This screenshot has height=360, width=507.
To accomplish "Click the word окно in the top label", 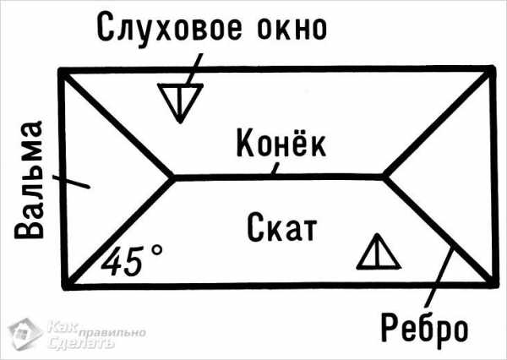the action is (292, 28).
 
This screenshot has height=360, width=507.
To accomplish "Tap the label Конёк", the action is (281, 143).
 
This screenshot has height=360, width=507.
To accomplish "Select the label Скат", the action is (282, 226).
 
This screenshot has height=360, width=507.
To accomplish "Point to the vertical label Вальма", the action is (29, 180).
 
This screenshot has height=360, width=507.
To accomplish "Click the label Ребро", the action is (424, 327).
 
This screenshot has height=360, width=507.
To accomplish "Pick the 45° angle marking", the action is (132, 260).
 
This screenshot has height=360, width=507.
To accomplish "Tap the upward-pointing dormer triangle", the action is (379, 252).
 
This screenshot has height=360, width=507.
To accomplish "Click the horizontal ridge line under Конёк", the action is (279, 177).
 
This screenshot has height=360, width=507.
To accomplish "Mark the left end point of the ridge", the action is (173, 177).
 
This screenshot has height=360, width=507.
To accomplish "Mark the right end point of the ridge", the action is (385, 177).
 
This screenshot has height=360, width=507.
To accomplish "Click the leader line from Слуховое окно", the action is (194, 70).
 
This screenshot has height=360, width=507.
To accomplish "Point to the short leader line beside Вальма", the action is (71, 182).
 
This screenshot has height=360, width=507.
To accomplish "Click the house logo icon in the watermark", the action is (25, 334).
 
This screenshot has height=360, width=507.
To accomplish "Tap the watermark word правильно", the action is (112, 333).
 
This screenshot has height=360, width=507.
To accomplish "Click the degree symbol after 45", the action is (157, 250).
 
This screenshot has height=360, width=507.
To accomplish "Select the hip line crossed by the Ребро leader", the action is (440, 232).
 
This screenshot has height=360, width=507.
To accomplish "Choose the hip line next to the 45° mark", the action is (118, 232).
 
